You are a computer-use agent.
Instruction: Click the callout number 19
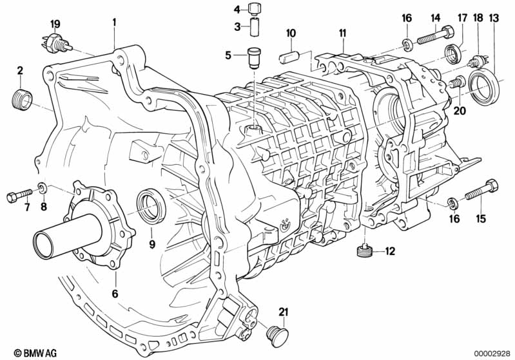55,24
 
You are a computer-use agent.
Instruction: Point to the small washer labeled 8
43,187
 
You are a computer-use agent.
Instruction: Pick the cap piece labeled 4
255,9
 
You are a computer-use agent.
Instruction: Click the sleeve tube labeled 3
255,27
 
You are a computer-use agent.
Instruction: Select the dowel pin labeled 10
288,57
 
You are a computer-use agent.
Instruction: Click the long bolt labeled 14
435,36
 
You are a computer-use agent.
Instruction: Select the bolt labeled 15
481,191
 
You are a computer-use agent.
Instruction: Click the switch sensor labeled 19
57,43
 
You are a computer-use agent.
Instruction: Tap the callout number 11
342,33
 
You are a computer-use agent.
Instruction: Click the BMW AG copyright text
35,353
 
